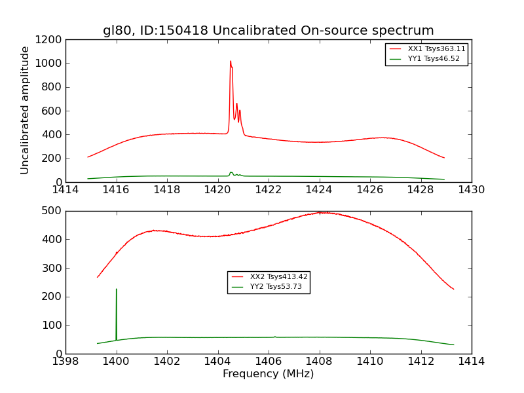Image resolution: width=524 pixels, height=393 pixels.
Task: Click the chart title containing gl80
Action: pyautogui.click(x=268, y=31)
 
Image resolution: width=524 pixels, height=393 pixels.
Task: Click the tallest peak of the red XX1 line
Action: pyautogui.click(x=231, y=62)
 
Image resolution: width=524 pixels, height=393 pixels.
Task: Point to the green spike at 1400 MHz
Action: pyautogui.click(x=117, y=290)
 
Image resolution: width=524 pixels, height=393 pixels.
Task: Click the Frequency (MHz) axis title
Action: pyautogui.click(x=268, y=374)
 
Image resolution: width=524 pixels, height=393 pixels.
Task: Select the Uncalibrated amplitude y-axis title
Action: pyautogui.click(x=25, y=110)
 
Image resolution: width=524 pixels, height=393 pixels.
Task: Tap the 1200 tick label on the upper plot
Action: pyautogui.click(x=50, y=40)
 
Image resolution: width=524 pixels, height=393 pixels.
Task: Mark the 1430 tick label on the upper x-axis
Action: pyautogui.click(x=471, y=190)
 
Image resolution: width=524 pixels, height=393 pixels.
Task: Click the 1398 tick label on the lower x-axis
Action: pyautogui.click(x=65, y=362)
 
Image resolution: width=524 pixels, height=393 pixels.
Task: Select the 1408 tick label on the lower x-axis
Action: pyautogui.click(x=319, y=362)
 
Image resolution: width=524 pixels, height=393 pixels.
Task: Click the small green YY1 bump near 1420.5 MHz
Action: pyautogui.click(x=231, y=173)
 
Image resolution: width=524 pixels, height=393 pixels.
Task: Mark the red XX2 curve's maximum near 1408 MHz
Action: pyautogui.click(x=320, y=212)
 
